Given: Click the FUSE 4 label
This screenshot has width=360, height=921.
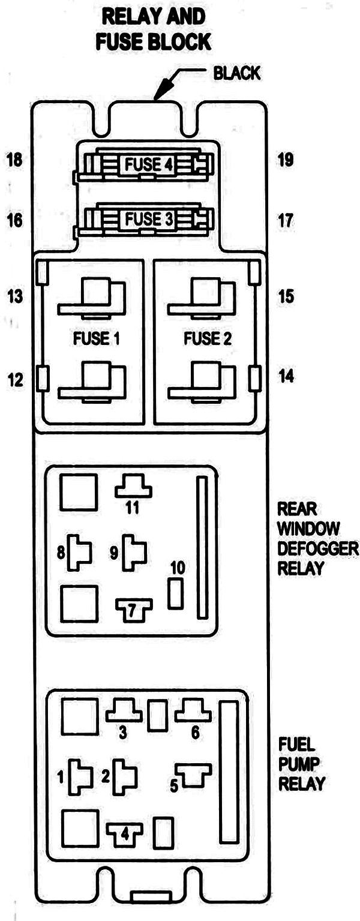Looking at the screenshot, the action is click(x=148, y=164).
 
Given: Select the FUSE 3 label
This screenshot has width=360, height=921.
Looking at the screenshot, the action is click(x=148, y=220).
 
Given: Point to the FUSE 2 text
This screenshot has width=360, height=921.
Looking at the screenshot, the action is click(x=208, y=338).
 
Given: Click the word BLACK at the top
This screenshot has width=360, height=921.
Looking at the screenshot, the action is click(x=237, y=73).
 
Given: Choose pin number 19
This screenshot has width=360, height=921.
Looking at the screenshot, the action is click(x=286, y=160).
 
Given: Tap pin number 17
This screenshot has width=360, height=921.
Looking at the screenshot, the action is click(x=286, y=220).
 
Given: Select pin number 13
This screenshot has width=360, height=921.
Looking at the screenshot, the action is click(x=14, y=296).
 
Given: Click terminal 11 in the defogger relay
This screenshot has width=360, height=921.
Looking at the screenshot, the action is click(x=133, y=487).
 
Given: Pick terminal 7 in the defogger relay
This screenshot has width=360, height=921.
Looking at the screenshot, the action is click(x=133, y=610).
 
